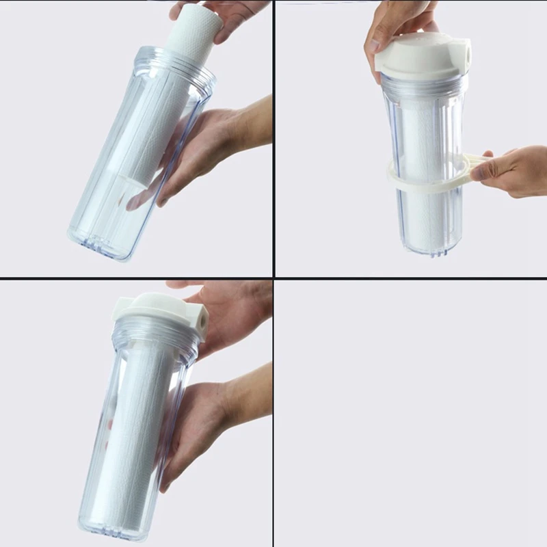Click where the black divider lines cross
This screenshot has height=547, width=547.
pyautogui.click(x=273, y=278)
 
